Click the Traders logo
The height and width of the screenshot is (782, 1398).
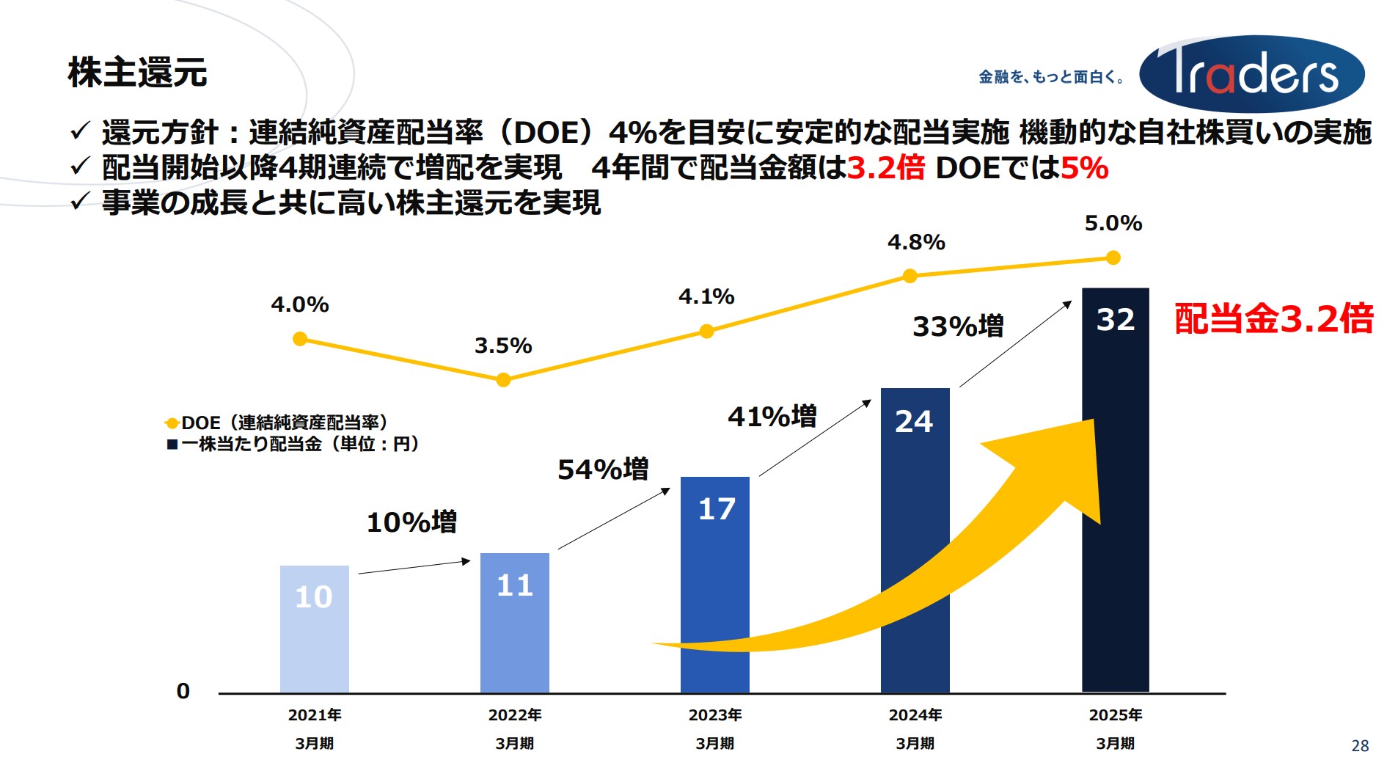(x=1251, y=74)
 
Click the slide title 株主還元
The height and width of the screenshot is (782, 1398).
(x=137, y=73)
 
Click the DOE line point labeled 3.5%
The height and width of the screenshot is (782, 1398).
(x=503, y=379)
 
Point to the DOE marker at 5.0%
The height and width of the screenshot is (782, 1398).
(x=1113, y=257)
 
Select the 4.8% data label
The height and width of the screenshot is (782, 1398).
(x=916, y=242)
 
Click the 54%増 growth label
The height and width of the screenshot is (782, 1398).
(x=603, y=469)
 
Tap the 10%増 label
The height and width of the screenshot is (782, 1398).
(x=411, y=522)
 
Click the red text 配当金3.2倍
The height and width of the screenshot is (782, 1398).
(x=1273, y=319)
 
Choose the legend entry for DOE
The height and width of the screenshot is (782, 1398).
(x=276, y=423)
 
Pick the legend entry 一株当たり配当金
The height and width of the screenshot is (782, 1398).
(x=293, y=444)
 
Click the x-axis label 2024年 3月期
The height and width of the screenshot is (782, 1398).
(x=915, y=728)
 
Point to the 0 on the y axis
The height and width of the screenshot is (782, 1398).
(x=183, y=691)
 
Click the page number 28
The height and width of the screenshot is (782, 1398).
(x=1359, y=746)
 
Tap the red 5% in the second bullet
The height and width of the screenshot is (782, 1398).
(x=1084, y=168)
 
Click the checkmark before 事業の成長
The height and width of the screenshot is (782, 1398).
(x=79, y=201)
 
